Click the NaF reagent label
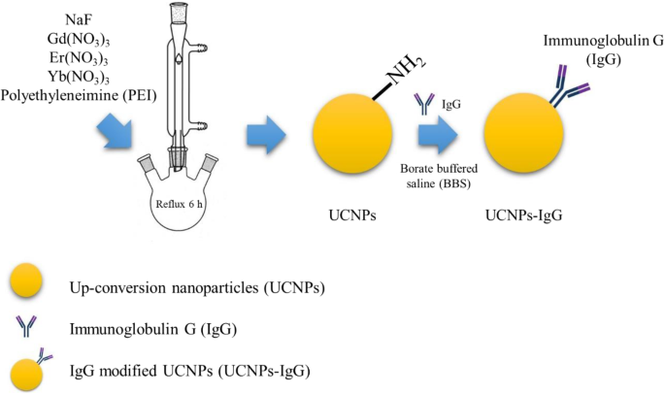click(x=92, y=18)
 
